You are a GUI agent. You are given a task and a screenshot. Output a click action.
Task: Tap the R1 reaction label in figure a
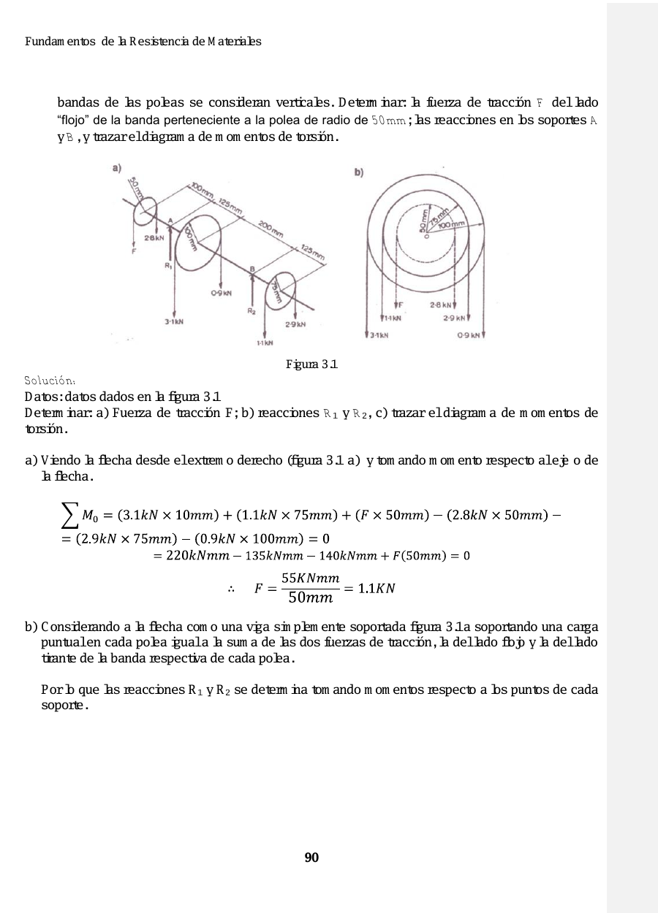[x=168, y=266]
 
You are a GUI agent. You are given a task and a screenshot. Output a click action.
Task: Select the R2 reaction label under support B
[x=252, y=311]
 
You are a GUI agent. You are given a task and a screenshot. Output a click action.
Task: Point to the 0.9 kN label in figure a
[x=222, y=293]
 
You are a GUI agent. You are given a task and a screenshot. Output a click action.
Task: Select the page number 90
[x=311, y=857]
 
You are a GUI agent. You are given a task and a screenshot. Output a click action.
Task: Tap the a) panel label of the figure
[x=117, y=169]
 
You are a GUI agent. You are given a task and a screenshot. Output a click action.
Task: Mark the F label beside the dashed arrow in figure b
[x=401, y=304]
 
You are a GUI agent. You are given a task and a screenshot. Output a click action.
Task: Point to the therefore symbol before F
[x=231, y=589]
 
